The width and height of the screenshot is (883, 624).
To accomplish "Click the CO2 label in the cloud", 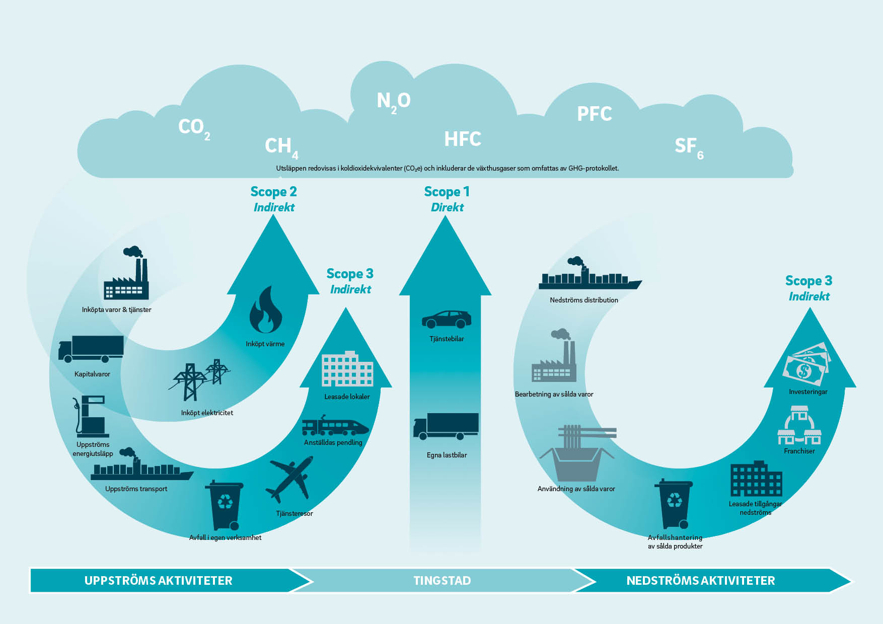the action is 194,128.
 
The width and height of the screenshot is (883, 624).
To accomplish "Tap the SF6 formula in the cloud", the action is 689,147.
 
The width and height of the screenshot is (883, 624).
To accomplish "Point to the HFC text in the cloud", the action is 463,139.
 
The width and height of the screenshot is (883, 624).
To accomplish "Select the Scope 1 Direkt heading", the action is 447,199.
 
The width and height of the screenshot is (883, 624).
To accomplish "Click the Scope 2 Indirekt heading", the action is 274,199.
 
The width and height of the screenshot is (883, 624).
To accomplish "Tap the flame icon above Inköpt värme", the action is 265,309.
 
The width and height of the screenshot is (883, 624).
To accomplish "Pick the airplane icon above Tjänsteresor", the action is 290,480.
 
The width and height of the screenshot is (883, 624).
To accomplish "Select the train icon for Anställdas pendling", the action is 335,426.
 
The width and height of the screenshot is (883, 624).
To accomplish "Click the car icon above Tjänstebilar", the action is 447,319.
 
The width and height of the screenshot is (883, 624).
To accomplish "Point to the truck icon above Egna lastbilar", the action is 446,426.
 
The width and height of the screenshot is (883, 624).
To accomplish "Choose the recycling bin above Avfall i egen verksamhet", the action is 225,505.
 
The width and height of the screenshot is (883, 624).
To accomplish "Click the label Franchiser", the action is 799,451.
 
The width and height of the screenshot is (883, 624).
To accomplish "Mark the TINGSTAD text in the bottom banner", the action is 442,581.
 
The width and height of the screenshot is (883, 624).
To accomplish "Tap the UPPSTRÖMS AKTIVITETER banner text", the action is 159,581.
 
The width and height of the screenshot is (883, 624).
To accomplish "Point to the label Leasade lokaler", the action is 347,397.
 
